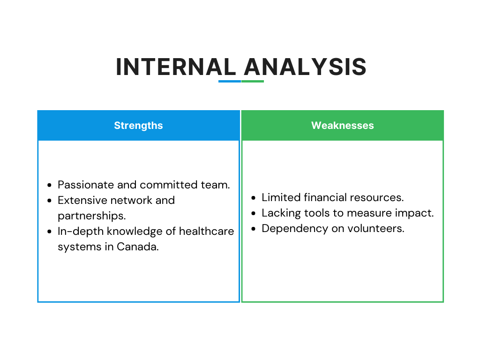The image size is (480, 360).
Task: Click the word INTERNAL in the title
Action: pos(176,67)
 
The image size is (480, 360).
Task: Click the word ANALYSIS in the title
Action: pos(305,67)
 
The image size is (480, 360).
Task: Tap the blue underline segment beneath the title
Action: pos(230,82)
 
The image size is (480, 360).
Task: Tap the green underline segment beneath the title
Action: pos(253,82)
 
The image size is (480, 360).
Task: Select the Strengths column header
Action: pos(138,126)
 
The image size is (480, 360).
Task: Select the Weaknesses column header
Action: pos(343,126)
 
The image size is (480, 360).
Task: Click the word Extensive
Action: pos(82,200)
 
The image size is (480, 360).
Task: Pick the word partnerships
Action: pos(92,216)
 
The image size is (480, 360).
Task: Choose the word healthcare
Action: pos(206,231)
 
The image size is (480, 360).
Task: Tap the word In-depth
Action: pos(81,232)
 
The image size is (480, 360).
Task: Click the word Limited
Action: pos(281,197)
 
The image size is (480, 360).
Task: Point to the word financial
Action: pos(325,197)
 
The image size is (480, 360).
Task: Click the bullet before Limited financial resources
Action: pos(253,198)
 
